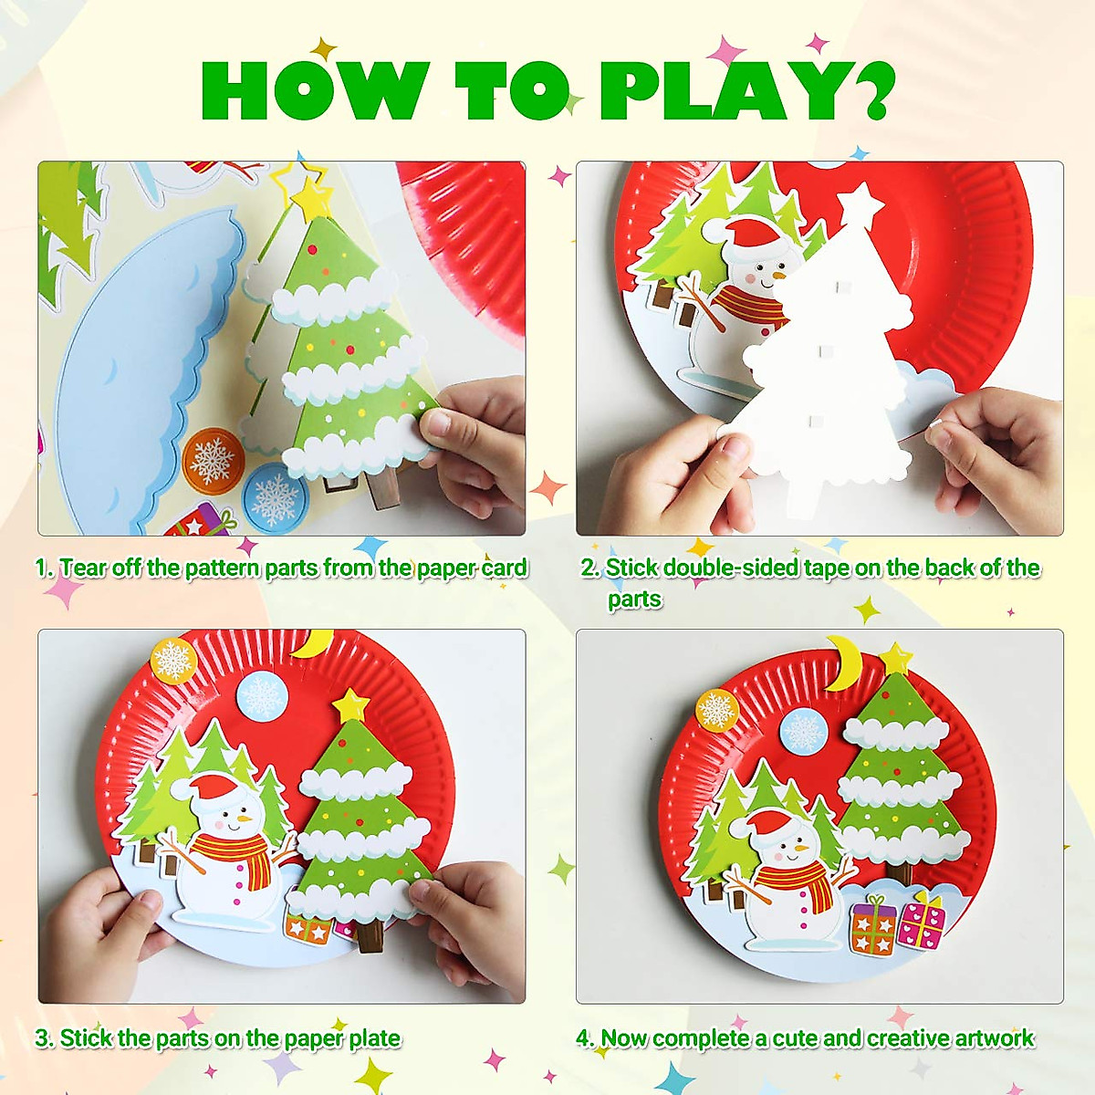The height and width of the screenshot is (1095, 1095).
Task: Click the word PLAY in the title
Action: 726,91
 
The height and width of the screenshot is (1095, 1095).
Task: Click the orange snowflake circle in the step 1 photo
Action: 213,459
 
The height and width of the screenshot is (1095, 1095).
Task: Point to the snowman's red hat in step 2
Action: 756,235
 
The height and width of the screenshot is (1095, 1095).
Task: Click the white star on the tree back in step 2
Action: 860,204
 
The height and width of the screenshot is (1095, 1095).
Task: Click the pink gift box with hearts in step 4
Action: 922,923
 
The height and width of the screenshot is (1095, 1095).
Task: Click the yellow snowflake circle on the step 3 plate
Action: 173,661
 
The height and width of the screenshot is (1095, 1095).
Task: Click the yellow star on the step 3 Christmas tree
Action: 350,704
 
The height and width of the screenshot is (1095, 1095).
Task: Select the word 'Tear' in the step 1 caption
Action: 83,568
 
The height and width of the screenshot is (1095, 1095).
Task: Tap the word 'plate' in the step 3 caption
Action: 374,1038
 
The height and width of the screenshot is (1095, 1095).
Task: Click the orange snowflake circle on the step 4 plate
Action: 716,709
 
